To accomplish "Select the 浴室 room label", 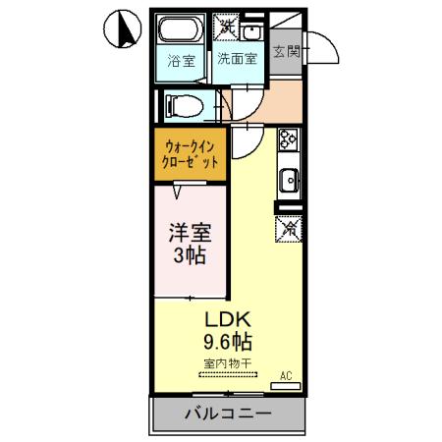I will point(180,58).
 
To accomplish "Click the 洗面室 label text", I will point(237,58).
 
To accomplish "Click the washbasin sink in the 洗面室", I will point(253,28).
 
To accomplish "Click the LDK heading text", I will point(228,320).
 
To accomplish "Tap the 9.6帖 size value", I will point(228,343).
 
